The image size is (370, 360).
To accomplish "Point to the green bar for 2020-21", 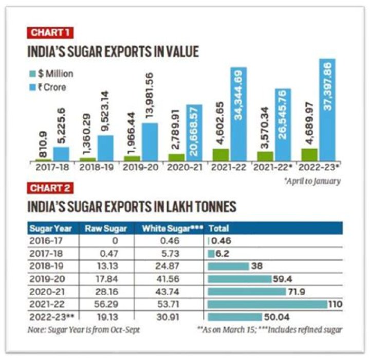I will [x=176, y=156].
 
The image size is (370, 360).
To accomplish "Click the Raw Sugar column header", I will [x=101, y=228].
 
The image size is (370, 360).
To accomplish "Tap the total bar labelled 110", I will [x=268, y=304].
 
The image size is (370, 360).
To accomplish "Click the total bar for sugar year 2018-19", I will [x=228, y=266].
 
